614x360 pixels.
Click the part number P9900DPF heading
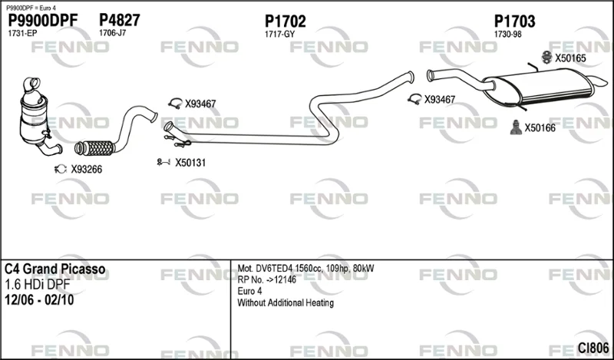point(43,21)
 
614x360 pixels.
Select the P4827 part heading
point(120,20)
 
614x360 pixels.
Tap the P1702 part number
point(285,21)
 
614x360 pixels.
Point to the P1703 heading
point(514,21)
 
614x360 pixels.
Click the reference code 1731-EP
point(22,34)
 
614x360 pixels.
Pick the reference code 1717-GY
point(279,35)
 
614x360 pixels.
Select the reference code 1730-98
point(508,35)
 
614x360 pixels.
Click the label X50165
point(570,58)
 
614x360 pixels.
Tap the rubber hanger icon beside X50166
point(516,127)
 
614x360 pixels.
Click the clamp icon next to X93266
point(61,169)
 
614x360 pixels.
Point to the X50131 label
point(190,163)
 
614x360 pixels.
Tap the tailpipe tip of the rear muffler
point(600,81)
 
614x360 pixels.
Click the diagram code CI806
point(593,348)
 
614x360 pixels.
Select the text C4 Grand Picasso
point(54,269)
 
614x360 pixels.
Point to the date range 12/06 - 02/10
point(39,300)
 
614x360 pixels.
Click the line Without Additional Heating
point(286,302)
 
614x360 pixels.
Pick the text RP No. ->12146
point(266,279)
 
